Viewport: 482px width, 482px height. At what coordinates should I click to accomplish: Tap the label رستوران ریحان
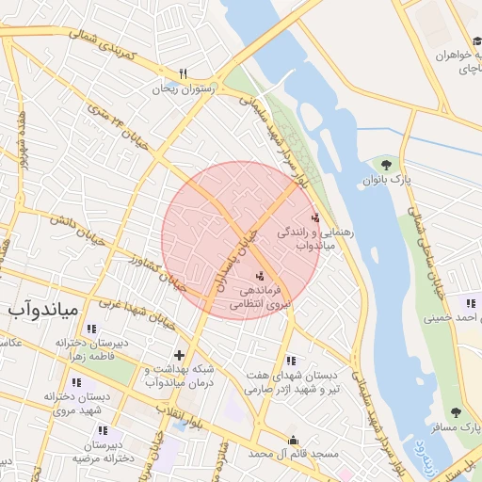coord(185,88)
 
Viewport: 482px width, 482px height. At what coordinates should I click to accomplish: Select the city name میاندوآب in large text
coord(46,308)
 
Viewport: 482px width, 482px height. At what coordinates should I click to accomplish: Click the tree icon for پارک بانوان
coord(386,165)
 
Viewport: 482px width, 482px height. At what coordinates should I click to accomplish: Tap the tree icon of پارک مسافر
coord(457,412)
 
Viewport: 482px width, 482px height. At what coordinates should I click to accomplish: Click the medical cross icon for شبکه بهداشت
coord(180,355)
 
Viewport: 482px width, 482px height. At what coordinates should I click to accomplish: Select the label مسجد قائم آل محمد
coord(292,454)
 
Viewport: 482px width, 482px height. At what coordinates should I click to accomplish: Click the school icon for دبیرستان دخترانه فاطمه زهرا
coord(91,329)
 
